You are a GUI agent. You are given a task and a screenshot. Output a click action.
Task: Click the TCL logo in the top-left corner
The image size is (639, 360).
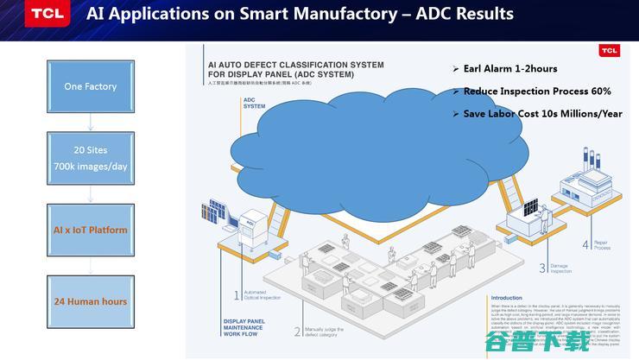pyautogui.click(x=43, y=15)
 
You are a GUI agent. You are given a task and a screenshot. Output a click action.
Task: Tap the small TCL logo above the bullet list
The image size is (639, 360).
pyautogui.click(x=610, y=51)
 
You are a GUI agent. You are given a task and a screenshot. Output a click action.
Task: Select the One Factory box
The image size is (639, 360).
pyautogui.click(x=90, y=86)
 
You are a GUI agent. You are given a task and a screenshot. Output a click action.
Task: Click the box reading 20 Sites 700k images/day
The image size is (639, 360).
pyautogui.click(x=90, y=157)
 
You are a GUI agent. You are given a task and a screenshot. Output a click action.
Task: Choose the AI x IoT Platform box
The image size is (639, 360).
pyautogui.click(x=90, y=230)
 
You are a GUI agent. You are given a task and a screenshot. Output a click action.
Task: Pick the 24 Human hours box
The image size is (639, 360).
pyautogui.click(x=90, y=301)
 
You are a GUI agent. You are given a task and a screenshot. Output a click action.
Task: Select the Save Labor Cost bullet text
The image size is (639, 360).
pyautogui.click(x=542, y=114)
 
